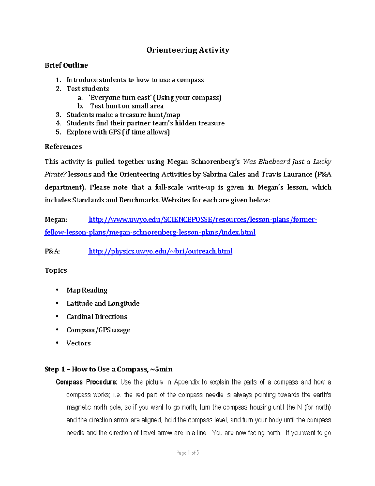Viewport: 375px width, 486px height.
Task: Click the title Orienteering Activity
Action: click(x=188, y=50)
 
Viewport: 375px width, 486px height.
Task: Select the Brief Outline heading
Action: click(x=66, y=65)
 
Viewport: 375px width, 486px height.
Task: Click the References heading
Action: click(x=63, y=147)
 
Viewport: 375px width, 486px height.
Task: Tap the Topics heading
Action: click(x=56, y=270)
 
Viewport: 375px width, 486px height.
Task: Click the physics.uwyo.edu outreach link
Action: click(x=161, y=251)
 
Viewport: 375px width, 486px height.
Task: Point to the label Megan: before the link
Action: click(x=56, y=220)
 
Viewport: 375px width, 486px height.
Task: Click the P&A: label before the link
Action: click(x=52, y=251)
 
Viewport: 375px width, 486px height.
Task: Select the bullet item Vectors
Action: click(x=78, y=343)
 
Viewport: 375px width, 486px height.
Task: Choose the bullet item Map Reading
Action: click(x=87, y=290)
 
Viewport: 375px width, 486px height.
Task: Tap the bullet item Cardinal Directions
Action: click(x=97, y=317)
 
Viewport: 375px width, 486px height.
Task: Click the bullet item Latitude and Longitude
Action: click(x=103, y=304)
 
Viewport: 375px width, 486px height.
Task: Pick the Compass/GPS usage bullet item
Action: click(x=98, y=330)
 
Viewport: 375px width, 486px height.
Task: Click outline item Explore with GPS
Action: click(x=118, y=132)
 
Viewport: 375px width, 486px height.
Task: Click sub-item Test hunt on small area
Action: click(x=127, y=106)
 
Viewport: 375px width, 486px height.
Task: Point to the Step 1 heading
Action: click(x=108, y=370)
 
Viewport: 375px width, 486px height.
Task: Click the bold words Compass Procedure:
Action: click(x=86, y=382)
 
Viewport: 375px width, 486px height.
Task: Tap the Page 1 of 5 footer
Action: click(x=187, y=453)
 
